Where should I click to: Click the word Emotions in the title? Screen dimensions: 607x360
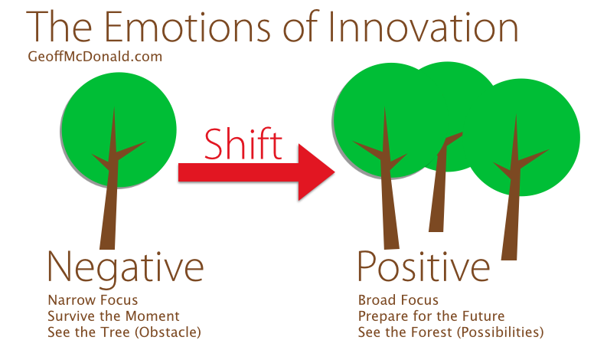[x=188, y=27]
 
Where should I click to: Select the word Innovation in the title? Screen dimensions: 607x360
[x=423, y=27]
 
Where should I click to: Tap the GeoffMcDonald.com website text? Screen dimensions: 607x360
[x=95, y=57]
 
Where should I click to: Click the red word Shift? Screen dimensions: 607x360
[x=243, y=144]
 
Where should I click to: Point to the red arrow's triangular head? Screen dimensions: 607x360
[x=315, y=172]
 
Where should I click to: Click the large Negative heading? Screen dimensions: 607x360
[x=126, y=268]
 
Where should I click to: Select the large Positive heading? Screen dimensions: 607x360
[x=423, y=267]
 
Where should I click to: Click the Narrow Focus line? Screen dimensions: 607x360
[x=93, y=300]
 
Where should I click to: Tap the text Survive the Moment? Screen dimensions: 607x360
[x=113, y=316]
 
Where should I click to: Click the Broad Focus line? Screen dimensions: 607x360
[x=398, y=300]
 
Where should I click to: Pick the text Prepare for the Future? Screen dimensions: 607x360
[x=431, y=316]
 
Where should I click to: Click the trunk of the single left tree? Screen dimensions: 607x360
[x=109, y=201]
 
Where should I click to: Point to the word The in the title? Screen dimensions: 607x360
[x=59, y=27]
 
